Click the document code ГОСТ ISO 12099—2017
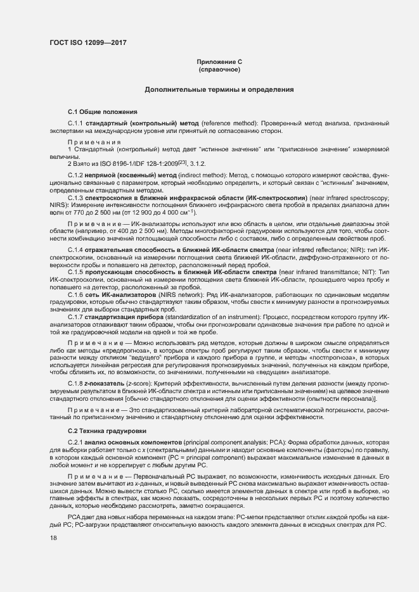pos(87,42)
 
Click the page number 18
pos(53,538)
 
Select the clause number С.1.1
pos(75,122)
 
